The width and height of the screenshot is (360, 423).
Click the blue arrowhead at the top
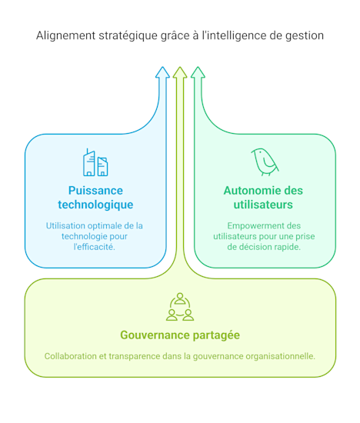click(x=162, y=72)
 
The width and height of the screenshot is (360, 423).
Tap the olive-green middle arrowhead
click(x=180, y=72)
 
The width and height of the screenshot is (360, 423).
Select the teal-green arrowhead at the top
click(x=198, y=72)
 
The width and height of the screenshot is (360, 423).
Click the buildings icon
click(x=95, y=162)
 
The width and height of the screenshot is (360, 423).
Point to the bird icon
click(x=265, y=162)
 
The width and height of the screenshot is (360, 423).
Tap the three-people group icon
click(x=180, y=307)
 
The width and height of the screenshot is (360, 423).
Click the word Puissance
click(x=95, y=191)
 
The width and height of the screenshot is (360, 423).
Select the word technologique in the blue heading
click(x=95, y=205)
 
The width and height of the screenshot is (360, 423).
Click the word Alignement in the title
click(x=66, y=36)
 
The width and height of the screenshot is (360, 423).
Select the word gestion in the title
click(x=305, y=36)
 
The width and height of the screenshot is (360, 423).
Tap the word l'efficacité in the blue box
click(x=95, y=247)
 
